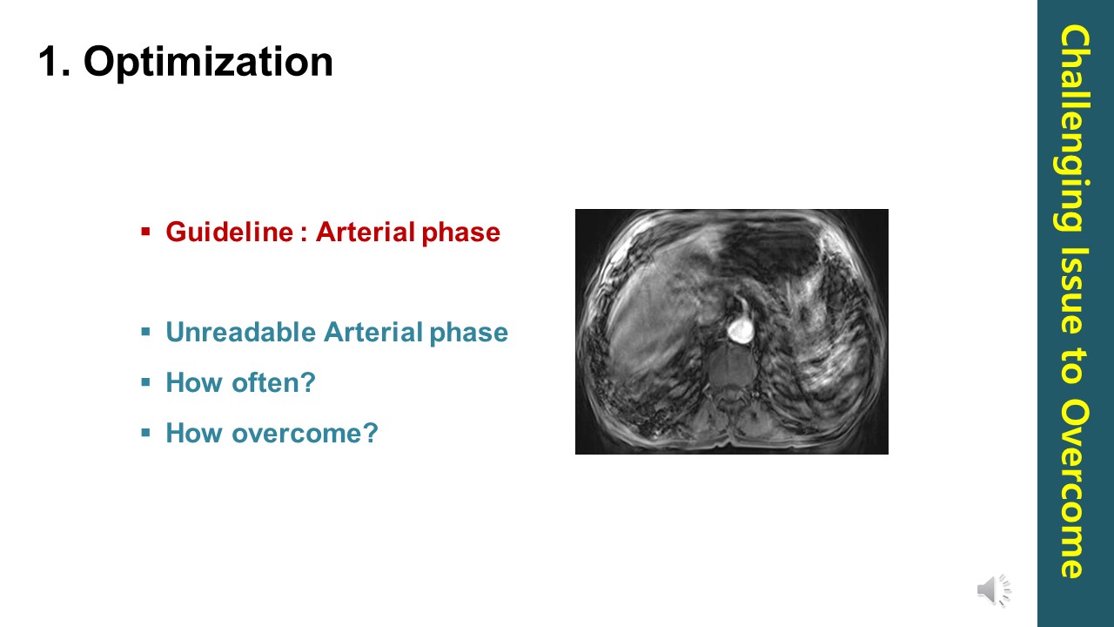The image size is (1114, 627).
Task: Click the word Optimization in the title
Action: point(208,62)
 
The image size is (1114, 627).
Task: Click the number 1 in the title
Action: point(50,61)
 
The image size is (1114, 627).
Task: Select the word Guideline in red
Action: point(230,232)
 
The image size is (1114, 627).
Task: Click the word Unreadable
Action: point(241,332)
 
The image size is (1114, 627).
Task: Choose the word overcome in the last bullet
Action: point(305,433)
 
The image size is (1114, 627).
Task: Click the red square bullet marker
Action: point(145,232)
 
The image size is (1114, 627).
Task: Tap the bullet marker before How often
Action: point(145,382)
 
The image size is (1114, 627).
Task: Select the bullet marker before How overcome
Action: point(145,433)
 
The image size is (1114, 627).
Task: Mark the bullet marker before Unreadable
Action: point(145,332)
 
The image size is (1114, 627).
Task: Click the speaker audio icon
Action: point(994,590)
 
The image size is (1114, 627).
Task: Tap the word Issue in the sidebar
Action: point(1075,290)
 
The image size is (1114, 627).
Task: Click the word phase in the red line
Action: point(461,233)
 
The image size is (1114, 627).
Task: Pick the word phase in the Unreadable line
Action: point(468,333)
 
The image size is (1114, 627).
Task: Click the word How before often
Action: point(195,382)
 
